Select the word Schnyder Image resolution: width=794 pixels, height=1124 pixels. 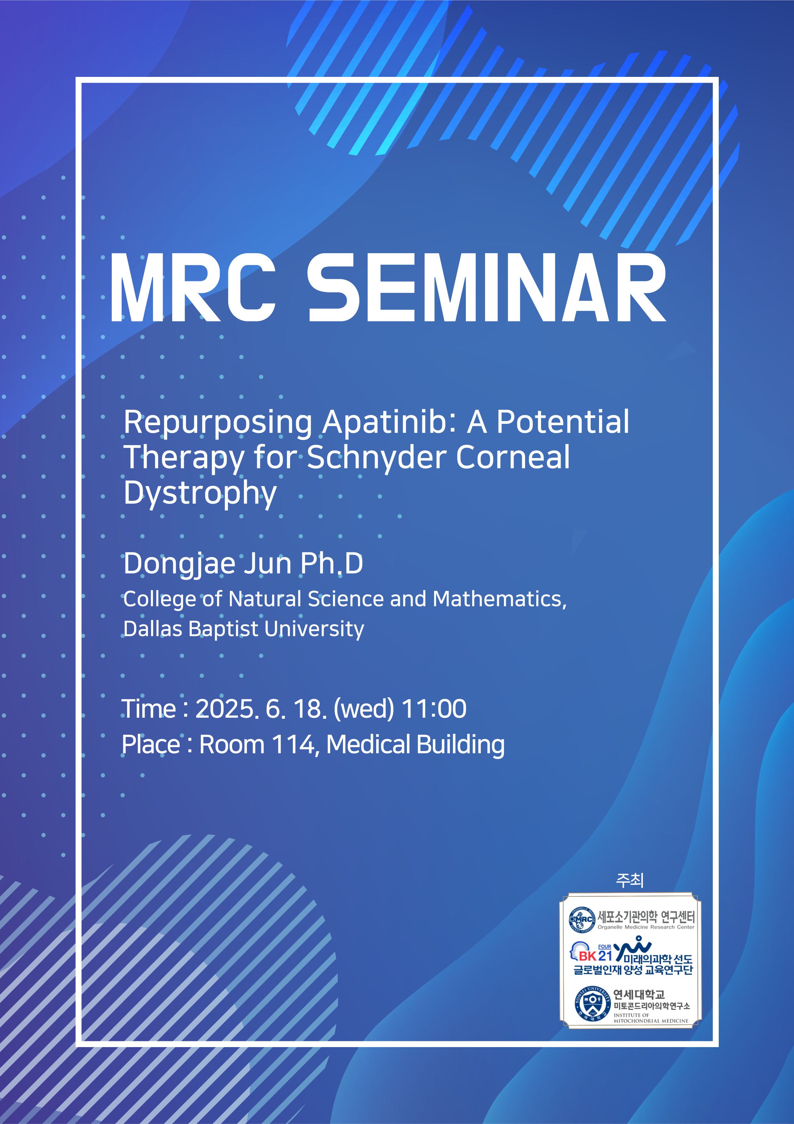point(376,458)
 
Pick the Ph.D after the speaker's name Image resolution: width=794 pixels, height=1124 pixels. point(332,564)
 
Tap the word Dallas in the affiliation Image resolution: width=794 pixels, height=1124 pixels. point(153,629)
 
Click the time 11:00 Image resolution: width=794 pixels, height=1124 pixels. point(434,709)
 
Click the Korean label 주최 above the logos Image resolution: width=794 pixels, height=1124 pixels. point(630,880)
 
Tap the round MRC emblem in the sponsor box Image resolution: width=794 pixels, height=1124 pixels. point(582,920)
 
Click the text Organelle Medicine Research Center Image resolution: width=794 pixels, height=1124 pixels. point(646,927)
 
